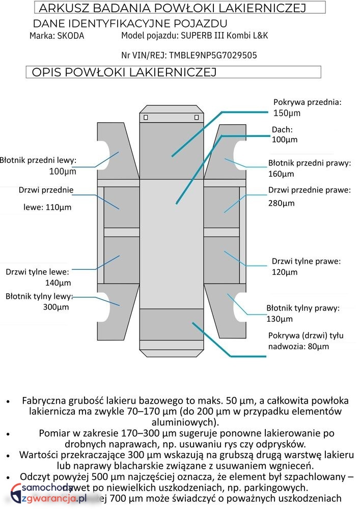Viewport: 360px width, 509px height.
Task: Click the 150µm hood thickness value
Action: [x=287, y=113]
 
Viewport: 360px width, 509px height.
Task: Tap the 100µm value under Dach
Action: [x=285, y=139]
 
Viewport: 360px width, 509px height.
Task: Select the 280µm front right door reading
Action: [x=281, y=203]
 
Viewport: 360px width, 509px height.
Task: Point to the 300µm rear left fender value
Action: [x=56, y=307]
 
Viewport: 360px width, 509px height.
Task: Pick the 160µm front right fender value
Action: [x=281, y=174]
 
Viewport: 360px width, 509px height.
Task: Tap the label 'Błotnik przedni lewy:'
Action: [x=38, y=160]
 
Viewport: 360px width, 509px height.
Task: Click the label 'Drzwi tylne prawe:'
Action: [x=306, y=261]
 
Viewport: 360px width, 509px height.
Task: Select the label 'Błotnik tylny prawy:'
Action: [x=303, y=308]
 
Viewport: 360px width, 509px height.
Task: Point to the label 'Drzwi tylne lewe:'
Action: [x=37, y=271]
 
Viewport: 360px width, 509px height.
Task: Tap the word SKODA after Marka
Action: [x=71, y=36]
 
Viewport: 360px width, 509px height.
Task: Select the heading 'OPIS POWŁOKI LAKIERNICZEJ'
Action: [x=124, y=72]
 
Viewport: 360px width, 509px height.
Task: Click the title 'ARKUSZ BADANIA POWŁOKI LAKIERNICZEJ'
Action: [x=172, y=8]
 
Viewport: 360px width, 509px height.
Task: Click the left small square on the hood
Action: [x=146, y=118]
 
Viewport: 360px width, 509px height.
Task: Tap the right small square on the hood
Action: [x=197, y=118]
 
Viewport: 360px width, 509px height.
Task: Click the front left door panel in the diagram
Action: [x=122, y=207]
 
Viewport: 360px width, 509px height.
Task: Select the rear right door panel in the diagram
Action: [x=221, y=260]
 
